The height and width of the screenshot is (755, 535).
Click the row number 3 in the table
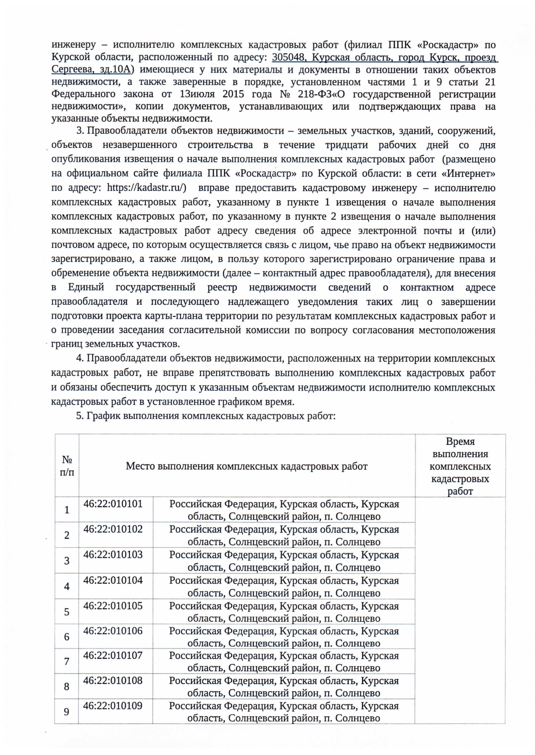[x=67, y=561]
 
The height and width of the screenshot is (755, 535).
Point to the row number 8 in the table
[x=67, y=686]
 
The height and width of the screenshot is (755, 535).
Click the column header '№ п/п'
[x=67, y=466]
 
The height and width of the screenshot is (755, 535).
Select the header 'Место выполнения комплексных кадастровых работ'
[x=247, y=466]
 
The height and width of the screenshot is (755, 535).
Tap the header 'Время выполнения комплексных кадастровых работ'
[x=460, y=466]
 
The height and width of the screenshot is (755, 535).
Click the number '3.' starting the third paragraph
[x=80, y=131]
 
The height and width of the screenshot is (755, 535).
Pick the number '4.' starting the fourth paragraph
[x=80, y=359]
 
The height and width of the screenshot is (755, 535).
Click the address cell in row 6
[x=284, y=637]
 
